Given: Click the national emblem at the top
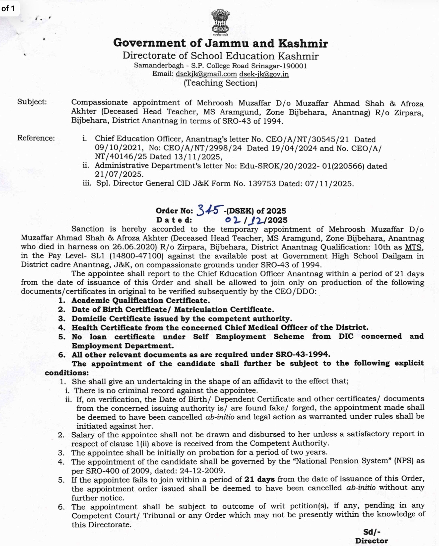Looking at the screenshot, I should (220, 22).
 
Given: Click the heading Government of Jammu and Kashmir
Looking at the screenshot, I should (220, 43).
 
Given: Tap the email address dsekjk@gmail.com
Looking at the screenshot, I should (206, 74).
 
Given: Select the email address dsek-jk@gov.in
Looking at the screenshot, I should (264, 74).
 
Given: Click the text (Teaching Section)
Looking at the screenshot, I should (220, 83).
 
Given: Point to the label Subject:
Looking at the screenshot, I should (32, 102).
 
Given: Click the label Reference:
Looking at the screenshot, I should (36, 138).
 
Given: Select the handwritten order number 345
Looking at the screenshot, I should (210, 210).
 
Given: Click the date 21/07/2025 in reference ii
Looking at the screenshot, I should (119, 174).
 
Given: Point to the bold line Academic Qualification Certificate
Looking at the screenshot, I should (141, 301).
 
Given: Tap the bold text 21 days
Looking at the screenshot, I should (259, 479).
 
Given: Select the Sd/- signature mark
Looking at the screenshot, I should (372, 532).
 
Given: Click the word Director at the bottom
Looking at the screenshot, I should (372, 541).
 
